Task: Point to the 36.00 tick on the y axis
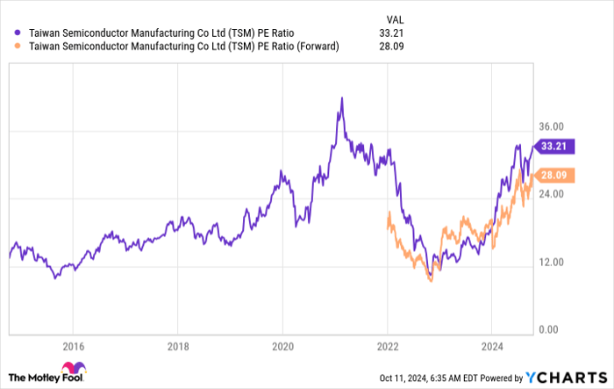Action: coord(555,127)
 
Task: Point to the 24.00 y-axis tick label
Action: coord(555,195)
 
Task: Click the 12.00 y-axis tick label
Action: coord(555,263)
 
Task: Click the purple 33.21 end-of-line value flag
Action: coord(556,146)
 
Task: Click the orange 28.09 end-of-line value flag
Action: coord(556,176)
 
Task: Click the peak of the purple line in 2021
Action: coord(341,98)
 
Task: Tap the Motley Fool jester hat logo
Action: coord(68,371)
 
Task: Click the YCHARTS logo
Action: coord(566,377)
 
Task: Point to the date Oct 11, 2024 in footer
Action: coord(401,378)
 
